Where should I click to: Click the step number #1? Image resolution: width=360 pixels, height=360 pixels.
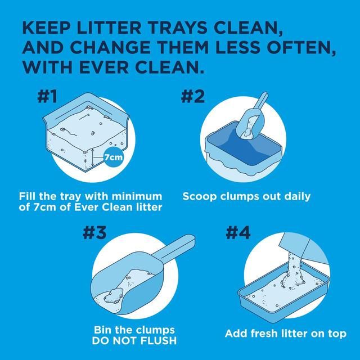pyautogui.click(x=48, y=97)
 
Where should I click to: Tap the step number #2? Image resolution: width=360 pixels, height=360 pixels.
pyautogui.click(x=193, y=97)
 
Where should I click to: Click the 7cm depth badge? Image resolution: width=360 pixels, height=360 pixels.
pyautogui.click(x=114, y=157)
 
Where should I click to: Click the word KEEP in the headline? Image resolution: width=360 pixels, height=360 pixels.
pyautogui.click(x=48, y=28)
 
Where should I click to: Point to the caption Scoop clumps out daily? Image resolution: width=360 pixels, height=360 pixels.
pyautogui.click(x=246, y=196)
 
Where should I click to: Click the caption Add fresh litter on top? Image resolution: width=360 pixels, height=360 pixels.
pyautogui.click(x=285, y=334)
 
